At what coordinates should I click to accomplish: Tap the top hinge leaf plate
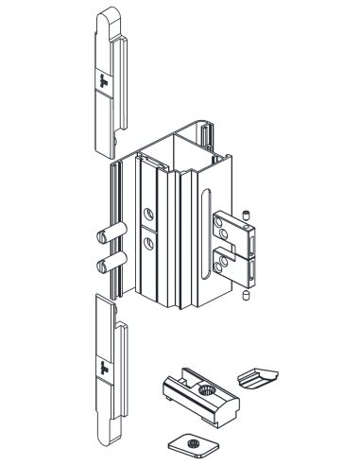232,227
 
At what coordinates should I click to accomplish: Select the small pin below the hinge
245,298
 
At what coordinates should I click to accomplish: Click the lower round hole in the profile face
149,243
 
